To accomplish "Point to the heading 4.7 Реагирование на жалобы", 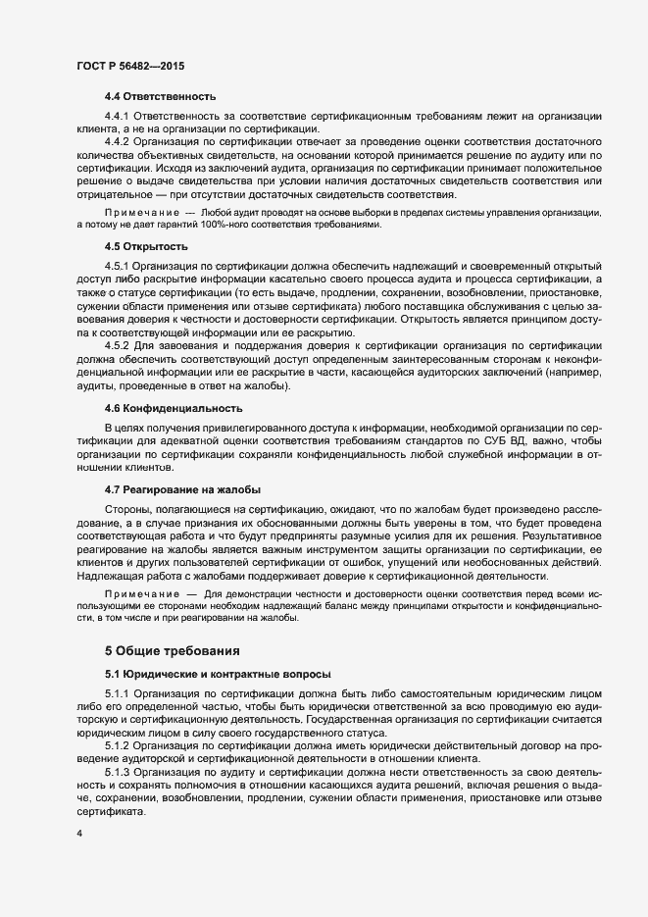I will click(182, 489).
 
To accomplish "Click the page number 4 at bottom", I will click(78, 835).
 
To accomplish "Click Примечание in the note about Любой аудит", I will click(141, 213).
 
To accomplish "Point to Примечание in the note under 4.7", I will click(141, 595).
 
